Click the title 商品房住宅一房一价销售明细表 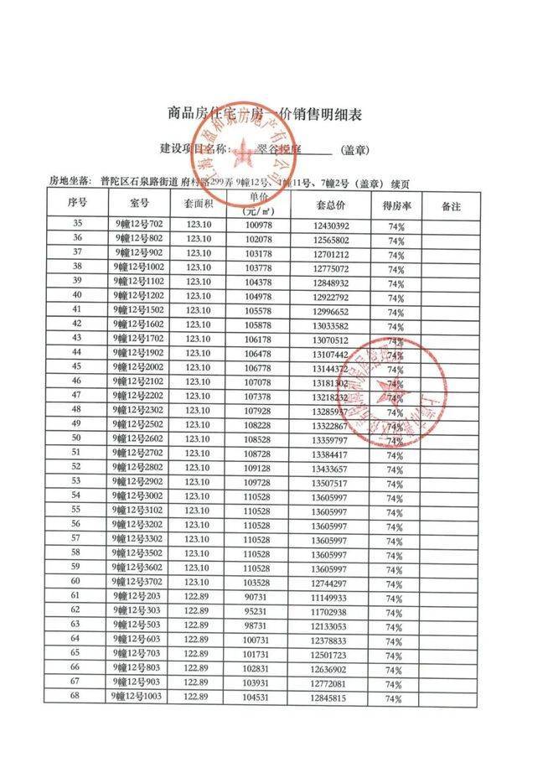[276, 113]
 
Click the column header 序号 [78, 204]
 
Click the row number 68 [76, 697]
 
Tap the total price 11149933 [331, 597]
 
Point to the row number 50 [76, 438]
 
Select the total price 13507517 [331, 482]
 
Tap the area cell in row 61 [198, 597]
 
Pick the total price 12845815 [331, 697]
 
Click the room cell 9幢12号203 [137, 597]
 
